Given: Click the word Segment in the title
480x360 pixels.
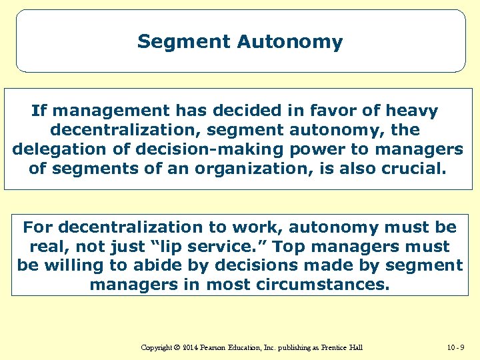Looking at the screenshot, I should coord(183,42).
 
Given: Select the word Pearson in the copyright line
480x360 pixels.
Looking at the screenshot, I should coord(217,347).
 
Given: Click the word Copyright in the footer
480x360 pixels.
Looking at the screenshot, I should coord(157,347).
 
